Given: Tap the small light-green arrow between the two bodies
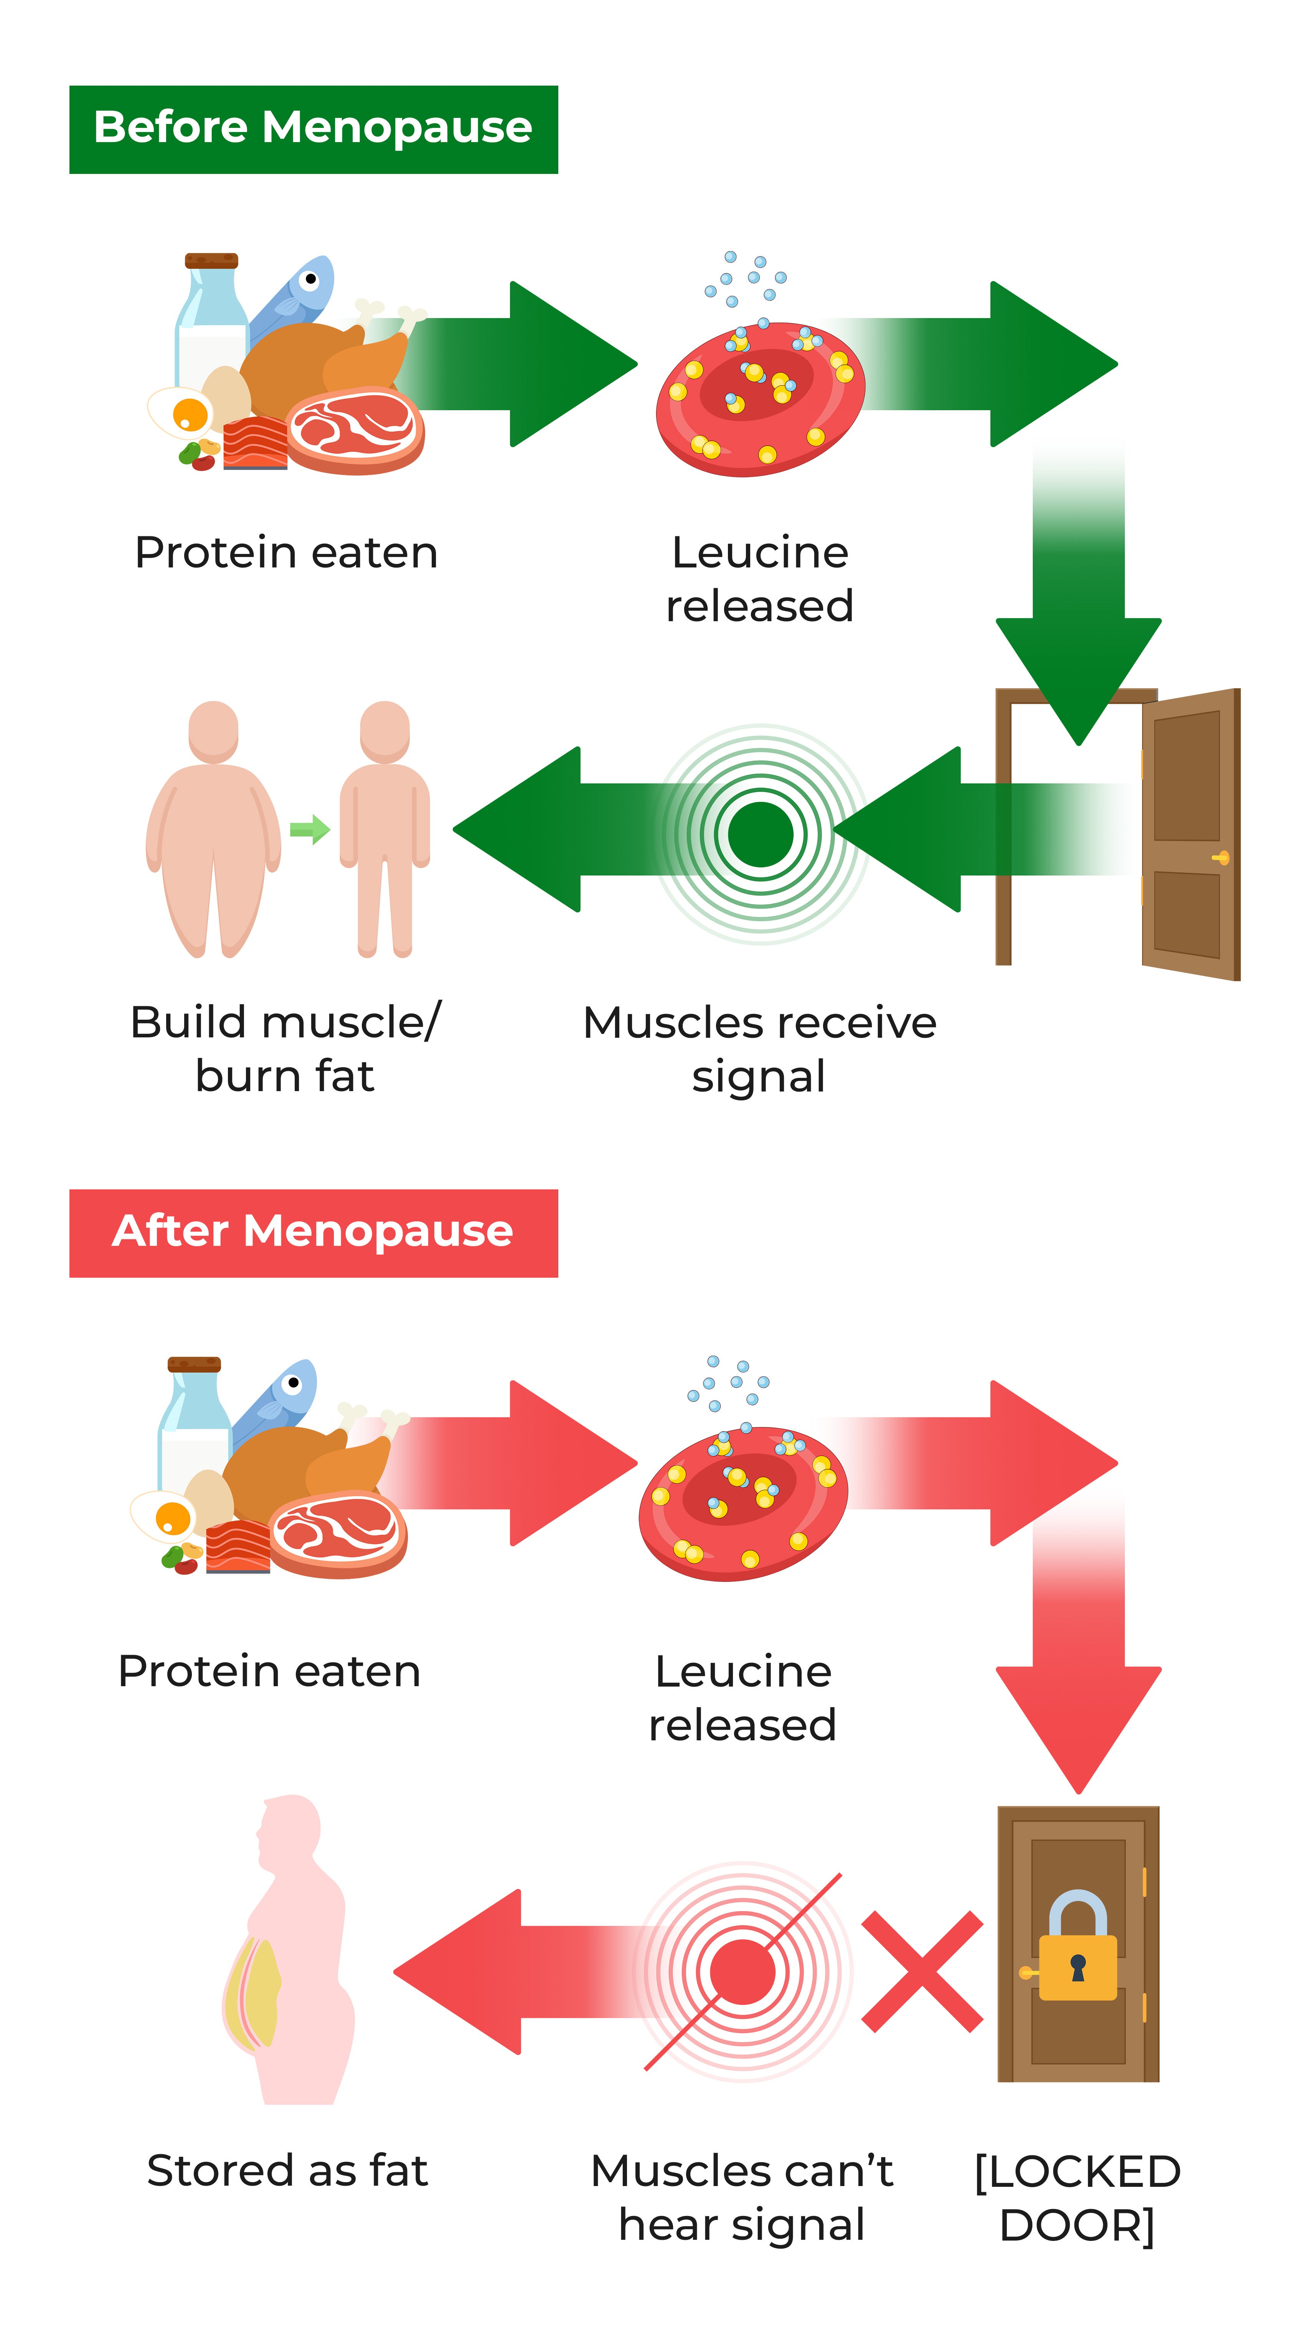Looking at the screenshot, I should click(x=309, y=828).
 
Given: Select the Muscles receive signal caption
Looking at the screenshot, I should click(x=759, y=1049).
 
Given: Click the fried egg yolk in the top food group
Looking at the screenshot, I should click(x=190, y=414).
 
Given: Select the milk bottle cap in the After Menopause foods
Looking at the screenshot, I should click(x=194, y=1364).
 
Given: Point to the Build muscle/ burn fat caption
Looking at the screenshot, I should click(x=285, y=1049).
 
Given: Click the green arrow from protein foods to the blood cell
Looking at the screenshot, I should click(x=526, y=364).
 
